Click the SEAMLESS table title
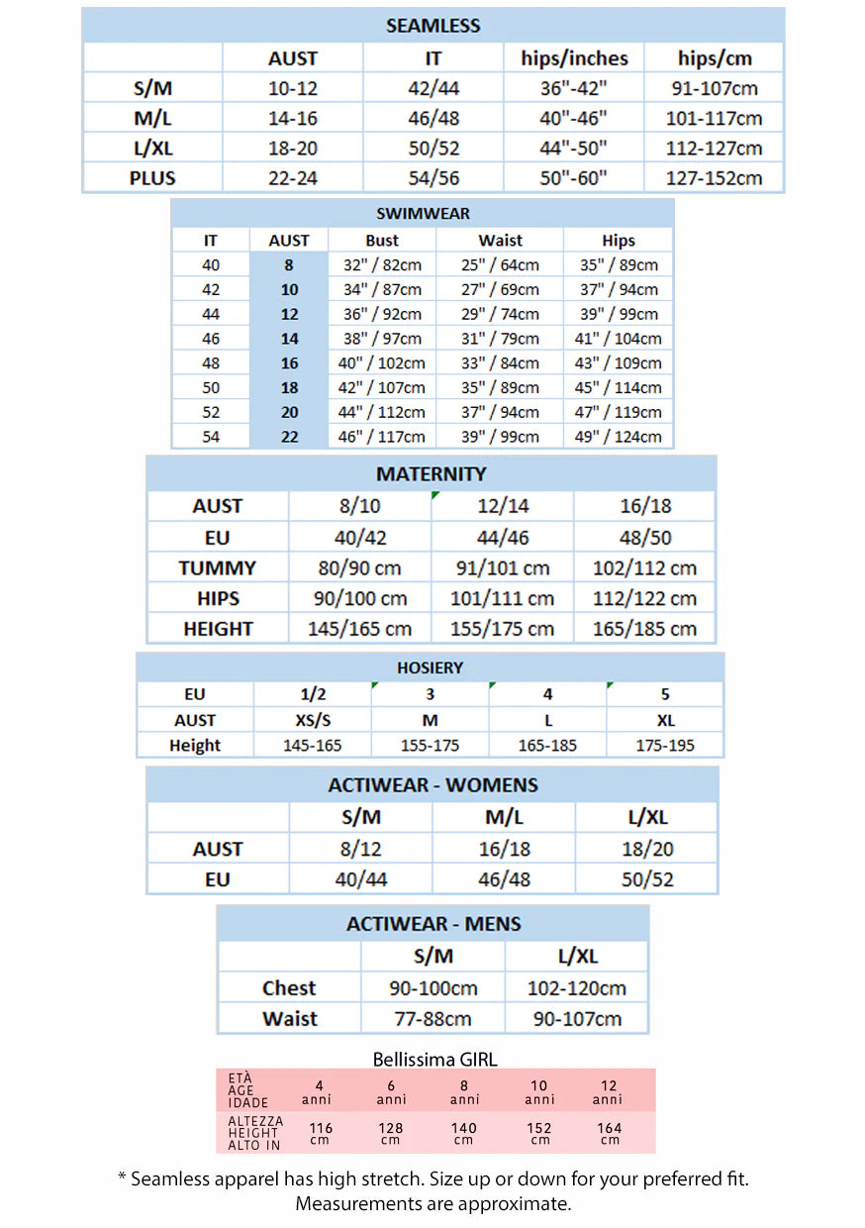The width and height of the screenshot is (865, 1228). click(432, 26)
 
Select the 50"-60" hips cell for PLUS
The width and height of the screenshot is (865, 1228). click(574, 178)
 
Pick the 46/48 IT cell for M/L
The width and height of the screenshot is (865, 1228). click(433, 118)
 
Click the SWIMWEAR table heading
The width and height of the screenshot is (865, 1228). click(423, 213)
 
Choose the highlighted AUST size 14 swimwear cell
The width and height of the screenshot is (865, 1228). click(289, 339)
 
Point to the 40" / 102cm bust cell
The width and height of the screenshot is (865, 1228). click(382, 363)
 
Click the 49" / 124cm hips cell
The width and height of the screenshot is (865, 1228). click(618, 437)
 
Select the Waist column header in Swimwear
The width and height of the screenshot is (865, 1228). click(500, 241)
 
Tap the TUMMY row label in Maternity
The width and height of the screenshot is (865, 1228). click(218, 568)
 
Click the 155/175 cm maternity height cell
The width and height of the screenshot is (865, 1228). click(503, 629)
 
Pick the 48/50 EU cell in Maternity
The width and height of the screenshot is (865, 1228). click(645, 537)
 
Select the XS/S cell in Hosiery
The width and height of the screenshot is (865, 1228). click(313, 720)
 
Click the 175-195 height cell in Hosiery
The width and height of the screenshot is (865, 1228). click(665, 746)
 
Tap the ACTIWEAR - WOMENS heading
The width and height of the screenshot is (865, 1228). click(432, 785)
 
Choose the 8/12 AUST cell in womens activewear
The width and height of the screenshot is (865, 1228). click(360, 849)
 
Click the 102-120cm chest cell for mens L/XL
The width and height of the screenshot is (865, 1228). click(577, 988)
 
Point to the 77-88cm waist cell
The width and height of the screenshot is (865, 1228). click(432, 1019)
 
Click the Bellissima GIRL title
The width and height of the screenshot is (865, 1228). click(434, 1059)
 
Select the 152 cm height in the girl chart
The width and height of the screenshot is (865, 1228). click(540, 1132)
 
